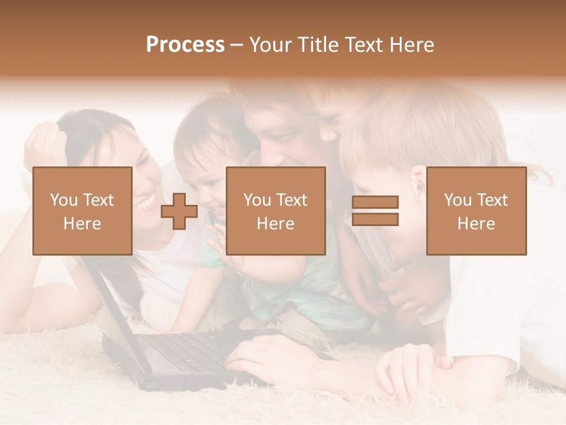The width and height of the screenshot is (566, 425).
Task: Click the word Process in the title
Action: (x=185, y=45)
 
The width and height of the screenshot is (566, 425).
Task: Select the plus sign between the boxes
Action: (x=179, y=211)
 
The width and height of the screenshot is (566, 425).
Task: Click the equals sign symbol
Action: (x=375, y=211)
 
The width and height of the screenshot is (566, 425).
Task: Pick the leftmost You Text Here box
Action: (x=82, y=211)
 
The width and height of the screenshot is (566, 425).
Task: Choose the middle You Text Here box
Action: (x=275, y=211)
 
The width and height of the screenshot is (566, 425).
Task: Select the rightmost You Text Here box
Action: (x=476, y=211)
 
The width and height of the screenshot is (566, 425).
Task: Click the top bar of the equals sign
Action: (x=375, y=202)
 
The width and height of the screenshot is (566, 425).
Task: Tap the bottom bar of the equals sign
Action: (x=375, y=220)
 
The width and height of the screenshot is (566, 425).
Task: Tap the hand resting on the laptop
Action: (x=259, y=360)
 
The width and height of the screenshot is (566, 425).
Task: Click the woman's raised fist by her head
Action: (x=47, y=145)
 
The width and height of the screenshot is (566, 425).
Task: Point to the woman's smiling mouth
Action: (x=143, y=204)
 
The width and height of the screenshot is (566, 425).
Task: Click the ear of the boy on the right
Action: (x=419, y=183)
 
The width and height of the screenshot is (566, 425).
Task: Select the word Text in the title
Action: (x=363, y=45)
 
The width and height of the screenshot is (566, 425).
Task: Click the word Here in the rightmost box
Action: (x=476, y=224)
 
